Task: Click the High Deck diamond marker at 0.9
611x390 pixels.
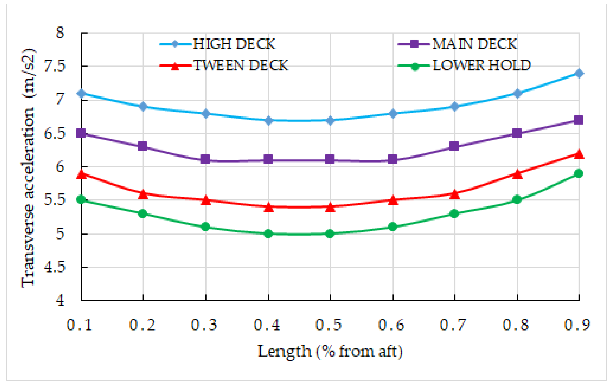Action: (579, 73)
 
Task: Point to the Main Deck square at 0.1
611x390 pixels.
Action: (81, 133)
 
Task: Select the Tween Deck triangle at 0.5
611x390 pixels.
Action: (330, 207)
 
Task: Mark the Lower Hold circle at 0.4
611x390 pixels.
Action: (268, 234)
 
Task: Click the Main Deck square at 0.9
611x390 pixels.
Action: (579, 120)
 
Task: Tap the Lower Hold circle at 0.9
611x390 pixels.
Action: (579, 174)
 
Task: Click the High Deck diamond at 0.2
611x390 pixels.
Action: (143, 107)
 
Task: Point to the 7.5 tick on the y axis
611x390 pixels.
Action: (55, 66)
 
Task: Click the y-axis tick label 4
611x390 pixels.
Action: (60, 300)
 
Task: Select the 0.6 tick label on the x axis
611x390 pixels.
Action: (391, 325)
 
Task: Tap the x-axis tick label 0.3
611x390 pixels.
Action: (204, 325)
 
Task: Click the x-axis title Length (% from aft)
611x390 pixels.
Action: (330, 352)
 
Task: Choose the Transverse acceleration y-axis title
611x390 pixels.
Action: (28, 168)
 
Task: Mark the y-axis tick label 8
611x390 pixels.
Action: (60, 33)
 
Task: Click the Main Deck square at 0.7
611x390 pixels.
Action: (454, 146)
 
